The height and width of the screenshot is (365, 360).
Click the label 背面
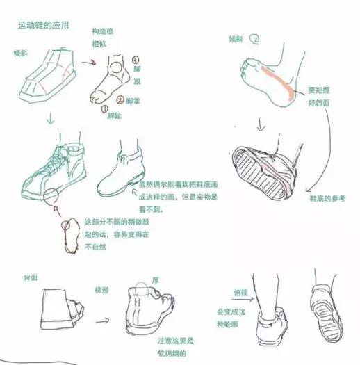(x=29, y=277)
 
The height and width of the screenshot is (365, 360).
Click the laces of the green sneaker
(x=66, y=156)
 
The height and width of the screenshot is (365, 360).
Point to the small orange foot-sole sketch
(x=69, y=234)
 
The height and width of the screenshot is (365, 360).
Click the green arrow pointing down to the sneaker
(x=49, y=121)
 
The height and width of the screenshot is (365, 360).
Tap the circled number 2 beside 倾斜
(x=256, y=40)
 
